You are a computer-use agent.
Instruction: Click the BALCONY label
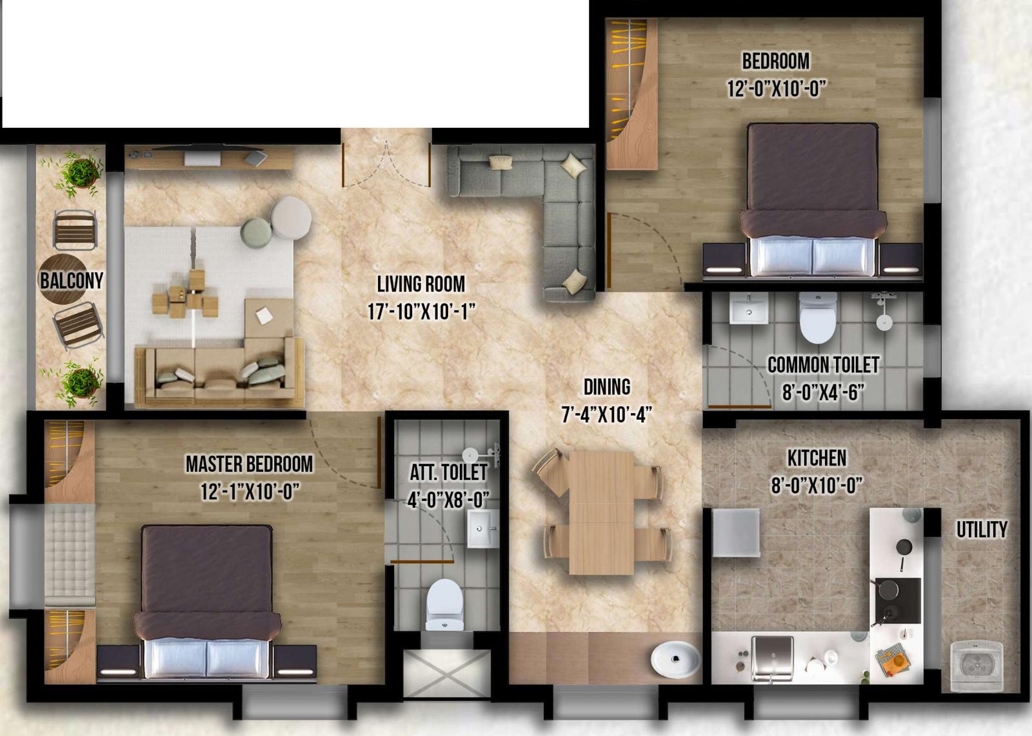point(72,280)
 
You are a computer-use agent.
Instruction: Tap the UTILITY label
point(982,529)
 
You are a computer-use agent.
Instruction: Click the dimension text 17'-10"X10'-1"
point(421,312)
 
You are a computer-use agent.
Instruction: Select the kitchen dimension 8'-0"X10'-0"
point(817,485)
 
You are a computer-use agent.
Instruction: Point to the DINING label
point(607,387)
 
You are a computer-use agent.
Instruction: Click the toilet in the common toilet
point(818,318)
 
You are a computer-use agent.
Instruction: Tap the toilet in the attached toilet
point(444,604)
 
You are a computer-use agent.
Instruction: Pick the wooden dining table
point(602,512)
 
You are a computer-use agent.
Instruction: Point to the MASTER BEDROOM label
point(249,464)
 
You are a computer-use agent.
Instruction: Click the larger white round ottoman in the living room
point(291,218)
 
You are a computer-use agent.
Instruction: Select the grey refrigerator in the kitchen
point(736,533)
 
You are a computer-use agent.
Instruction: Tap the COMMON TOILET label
point(823,365)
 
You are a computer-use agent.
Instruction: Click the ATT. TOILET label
point(448,472)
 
